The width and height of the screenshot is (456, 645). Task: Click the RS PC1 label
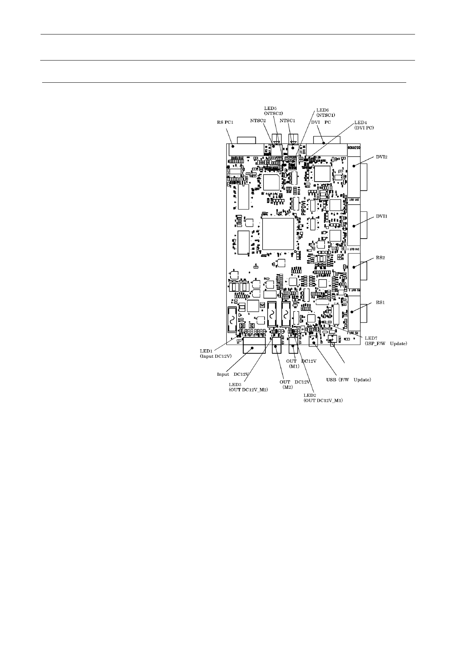(223, 122)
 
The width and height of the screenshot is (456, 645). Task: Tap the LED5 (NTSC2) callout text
(273, 111)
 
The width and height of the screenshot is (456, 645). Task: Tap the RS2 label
(380, 258)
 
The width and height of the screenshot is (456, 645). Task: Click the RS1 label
(380, 303)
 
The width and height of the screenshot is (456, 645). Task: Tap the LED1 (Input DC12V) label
(215, 353)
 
